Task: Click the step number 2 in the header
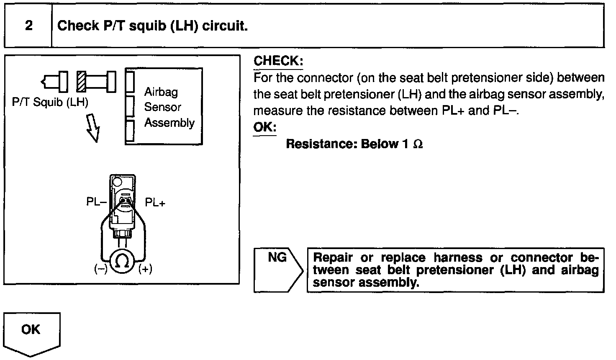point(28,26)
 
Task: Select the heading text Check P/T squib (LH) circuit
point(152,26)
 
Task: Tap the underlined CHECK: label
point(278,61)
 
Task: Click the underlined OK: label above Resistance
point(264,127)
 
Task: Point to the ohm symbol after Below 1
point(418,144)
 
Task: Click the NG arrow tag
point(277,270)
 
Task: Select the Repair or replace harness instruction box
point(455,270)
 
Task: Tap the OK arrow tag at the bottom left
point(31,333)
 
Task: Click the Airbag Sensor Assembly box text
point(169,107)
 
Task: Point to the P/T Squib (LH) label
point(50,102)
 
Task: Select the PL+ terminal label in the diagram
point(155,203)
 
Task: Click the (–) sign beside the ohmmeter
point(100,270)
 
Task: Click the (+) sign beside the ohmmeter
point(145,270)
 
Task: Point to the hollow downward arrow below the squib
point(93,128)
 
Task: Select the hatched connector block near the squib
point(82,81)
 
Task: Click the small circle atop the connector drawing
point(117,182)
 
